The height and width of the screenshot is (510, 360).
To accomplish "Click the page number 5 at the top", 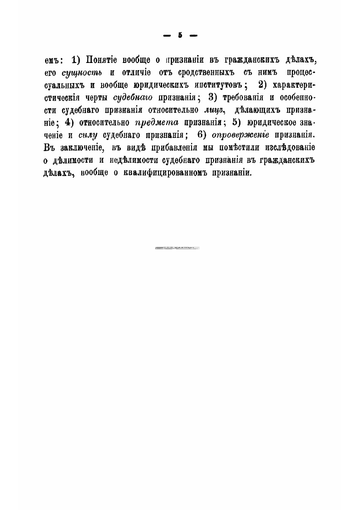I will [x=180, y=37].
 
